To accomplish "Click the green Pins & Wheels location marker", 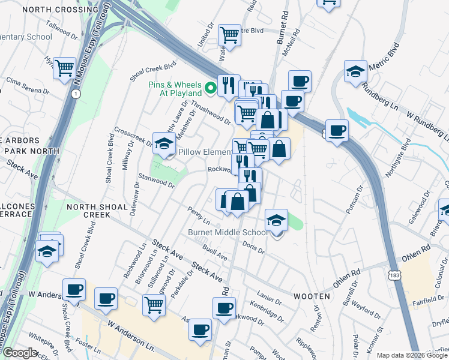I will (211, 89).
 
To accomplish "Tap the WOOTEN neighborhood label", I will (312, 296).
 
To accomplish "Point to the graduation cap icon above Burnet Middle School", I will (276, 220).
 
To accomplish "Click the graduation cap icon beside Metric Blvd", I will (356, 71).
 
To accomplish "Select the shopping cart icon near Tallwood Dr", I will (64, 68).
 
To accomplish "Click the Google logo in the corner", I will (19, 353).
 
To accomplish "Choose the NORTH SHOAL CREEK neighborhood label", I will (97, 211).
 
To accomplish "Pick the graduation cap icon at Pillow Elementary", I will (164, 143).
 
